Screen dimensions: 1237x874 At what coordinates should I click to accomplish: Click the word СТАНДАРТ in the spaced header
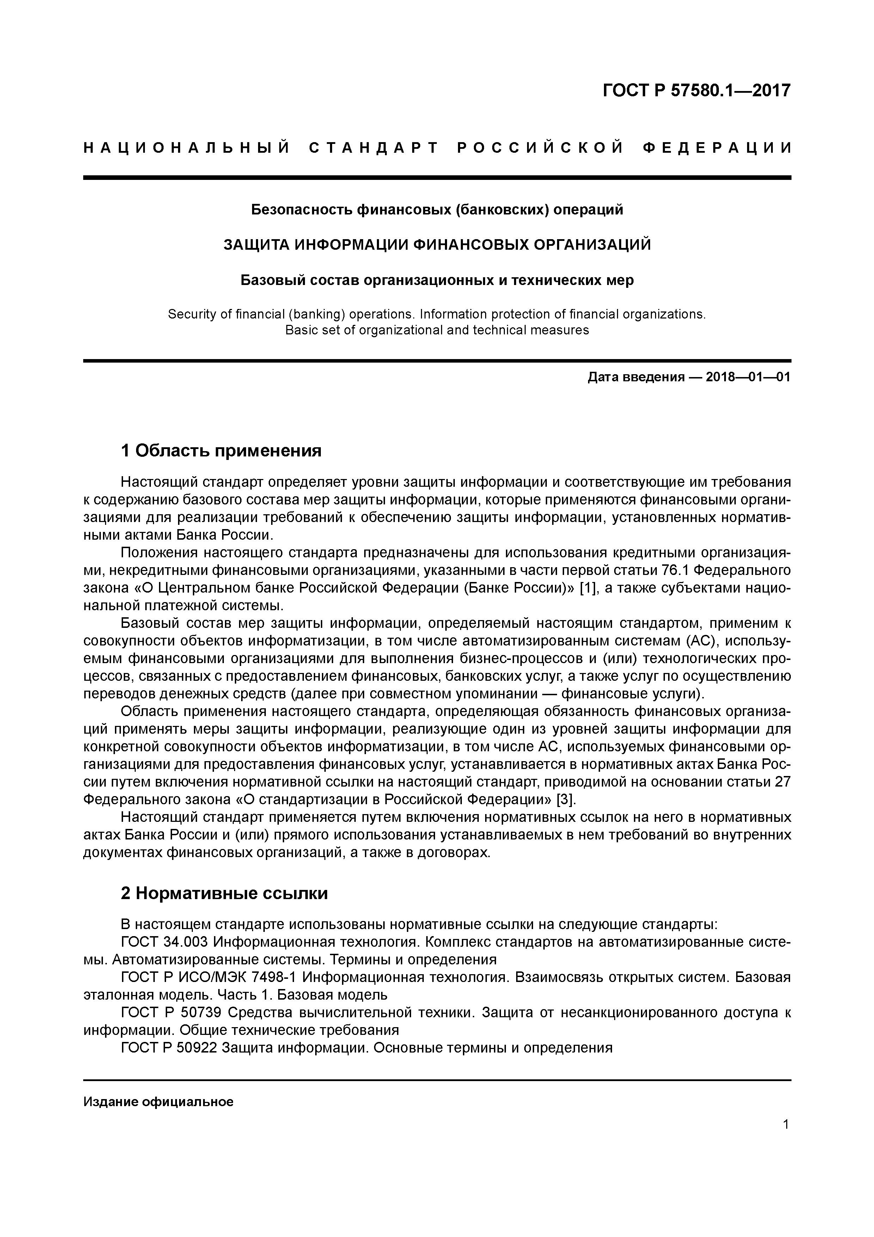(x=374, y=148)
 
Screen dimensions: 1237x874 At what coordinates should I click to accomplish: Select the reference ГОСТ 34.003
(x=165, y=941)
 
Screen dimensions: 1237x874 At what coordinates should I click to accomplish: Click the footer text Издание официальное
(x=158, y=1102)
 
